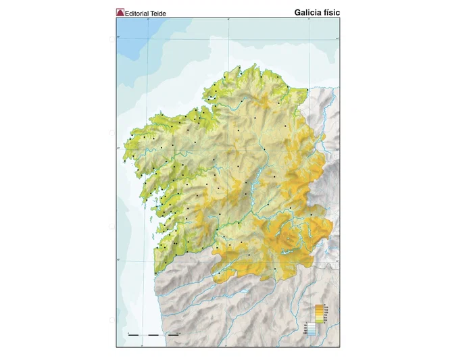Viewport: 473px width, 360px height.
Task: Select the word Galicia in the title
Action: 309,12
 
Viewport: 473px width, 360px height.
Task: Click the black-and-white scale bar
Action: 154,334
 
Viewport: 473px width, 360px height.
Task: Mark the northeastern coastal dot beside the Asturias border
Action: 307,90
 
